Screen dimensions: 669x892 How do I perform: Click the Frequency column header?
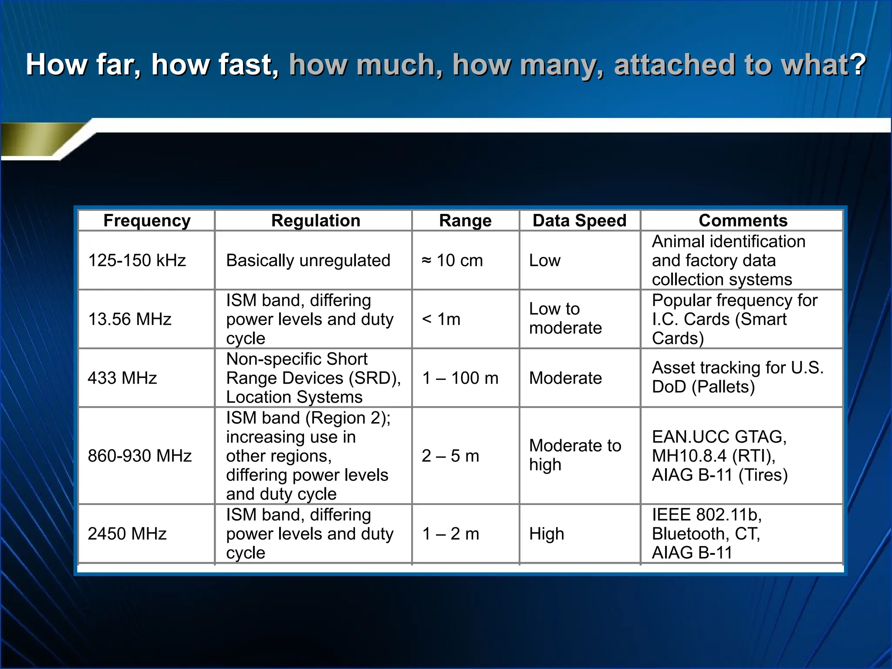pos(147,221)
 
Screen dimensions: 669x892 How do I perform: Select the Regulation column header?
pos(315,221)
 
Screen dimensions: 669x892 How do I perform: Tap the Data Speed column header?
pos(579,221)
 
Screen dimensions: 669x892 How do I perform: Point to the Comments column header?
pos(743,221)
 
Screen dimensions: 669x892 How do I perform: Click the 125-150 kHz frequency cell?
pos(137,260)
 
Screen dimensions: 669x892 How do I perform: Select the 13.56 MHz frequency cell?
pos(130,319)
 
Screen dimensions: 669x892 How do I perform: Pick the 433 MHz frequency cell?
pos(122,378)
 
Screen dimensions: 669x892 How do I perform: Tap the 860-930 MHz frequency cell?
pos(140,456)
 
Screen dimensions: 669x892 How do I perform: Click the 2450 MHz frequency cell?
pos(127,534)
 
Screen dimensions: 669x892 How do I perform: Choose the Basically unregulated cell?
pos(308,260)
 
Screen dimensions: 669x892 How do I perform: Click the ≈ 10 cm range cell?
pos(453,260)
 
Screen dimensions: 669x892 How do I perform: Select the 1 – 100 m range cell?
pos(460,378)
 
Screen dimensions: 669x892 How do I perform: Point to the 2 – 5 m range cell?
pos(450,456)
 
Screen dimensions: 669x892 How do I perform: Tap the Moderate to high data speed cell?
pos(575,455)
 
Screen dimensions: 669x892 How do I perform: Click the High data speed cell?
pos(547,534)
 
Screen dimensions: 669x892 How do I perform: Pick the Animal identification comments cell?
pos(728,260)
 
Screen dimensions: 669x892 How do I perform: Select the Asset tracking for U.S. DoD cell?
pos(737,377)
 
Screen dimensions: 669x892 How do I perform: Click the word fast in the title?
pos(247,64)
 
